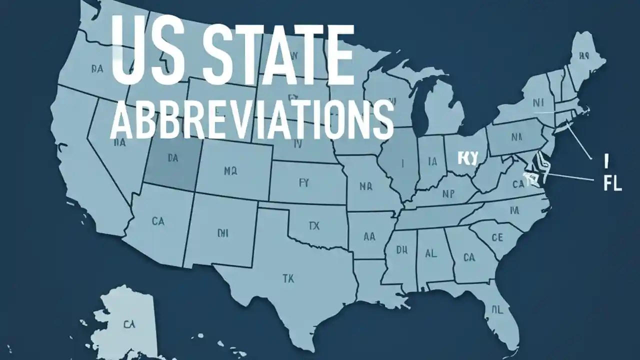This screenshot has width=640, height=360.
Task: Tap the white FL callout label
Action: click(x=612, y=183)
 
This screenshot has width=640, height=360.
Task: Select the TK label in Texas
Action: click(x=288, y=277)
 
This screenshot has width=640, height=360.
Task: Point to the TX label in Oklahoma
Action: click(x=313, y=226)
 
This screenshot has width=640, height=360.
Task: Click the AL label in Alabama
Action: click(x=430, y=253)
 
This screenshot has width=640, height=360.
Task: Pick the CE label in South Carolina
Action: click(x=497, y=237)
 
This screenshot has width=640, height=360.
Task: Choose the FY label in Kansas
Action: click(x=304, y=183)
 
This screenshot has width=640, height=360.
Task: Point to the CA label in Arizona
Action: click(x=157, y=220)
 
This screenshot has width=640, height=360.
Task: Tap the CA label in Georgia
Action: click(x=469, y=257)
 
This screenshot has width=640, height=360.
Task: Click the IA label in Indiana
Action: click(x=432, y=161)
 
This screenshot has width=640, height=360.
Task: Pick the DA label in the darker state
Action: click(x=172, y=158)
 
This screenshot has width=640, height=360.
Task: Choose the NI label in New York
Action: click(x=538, y=103)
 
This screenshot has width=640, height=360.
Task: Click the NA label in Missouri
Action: click(x=366, y=186)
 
